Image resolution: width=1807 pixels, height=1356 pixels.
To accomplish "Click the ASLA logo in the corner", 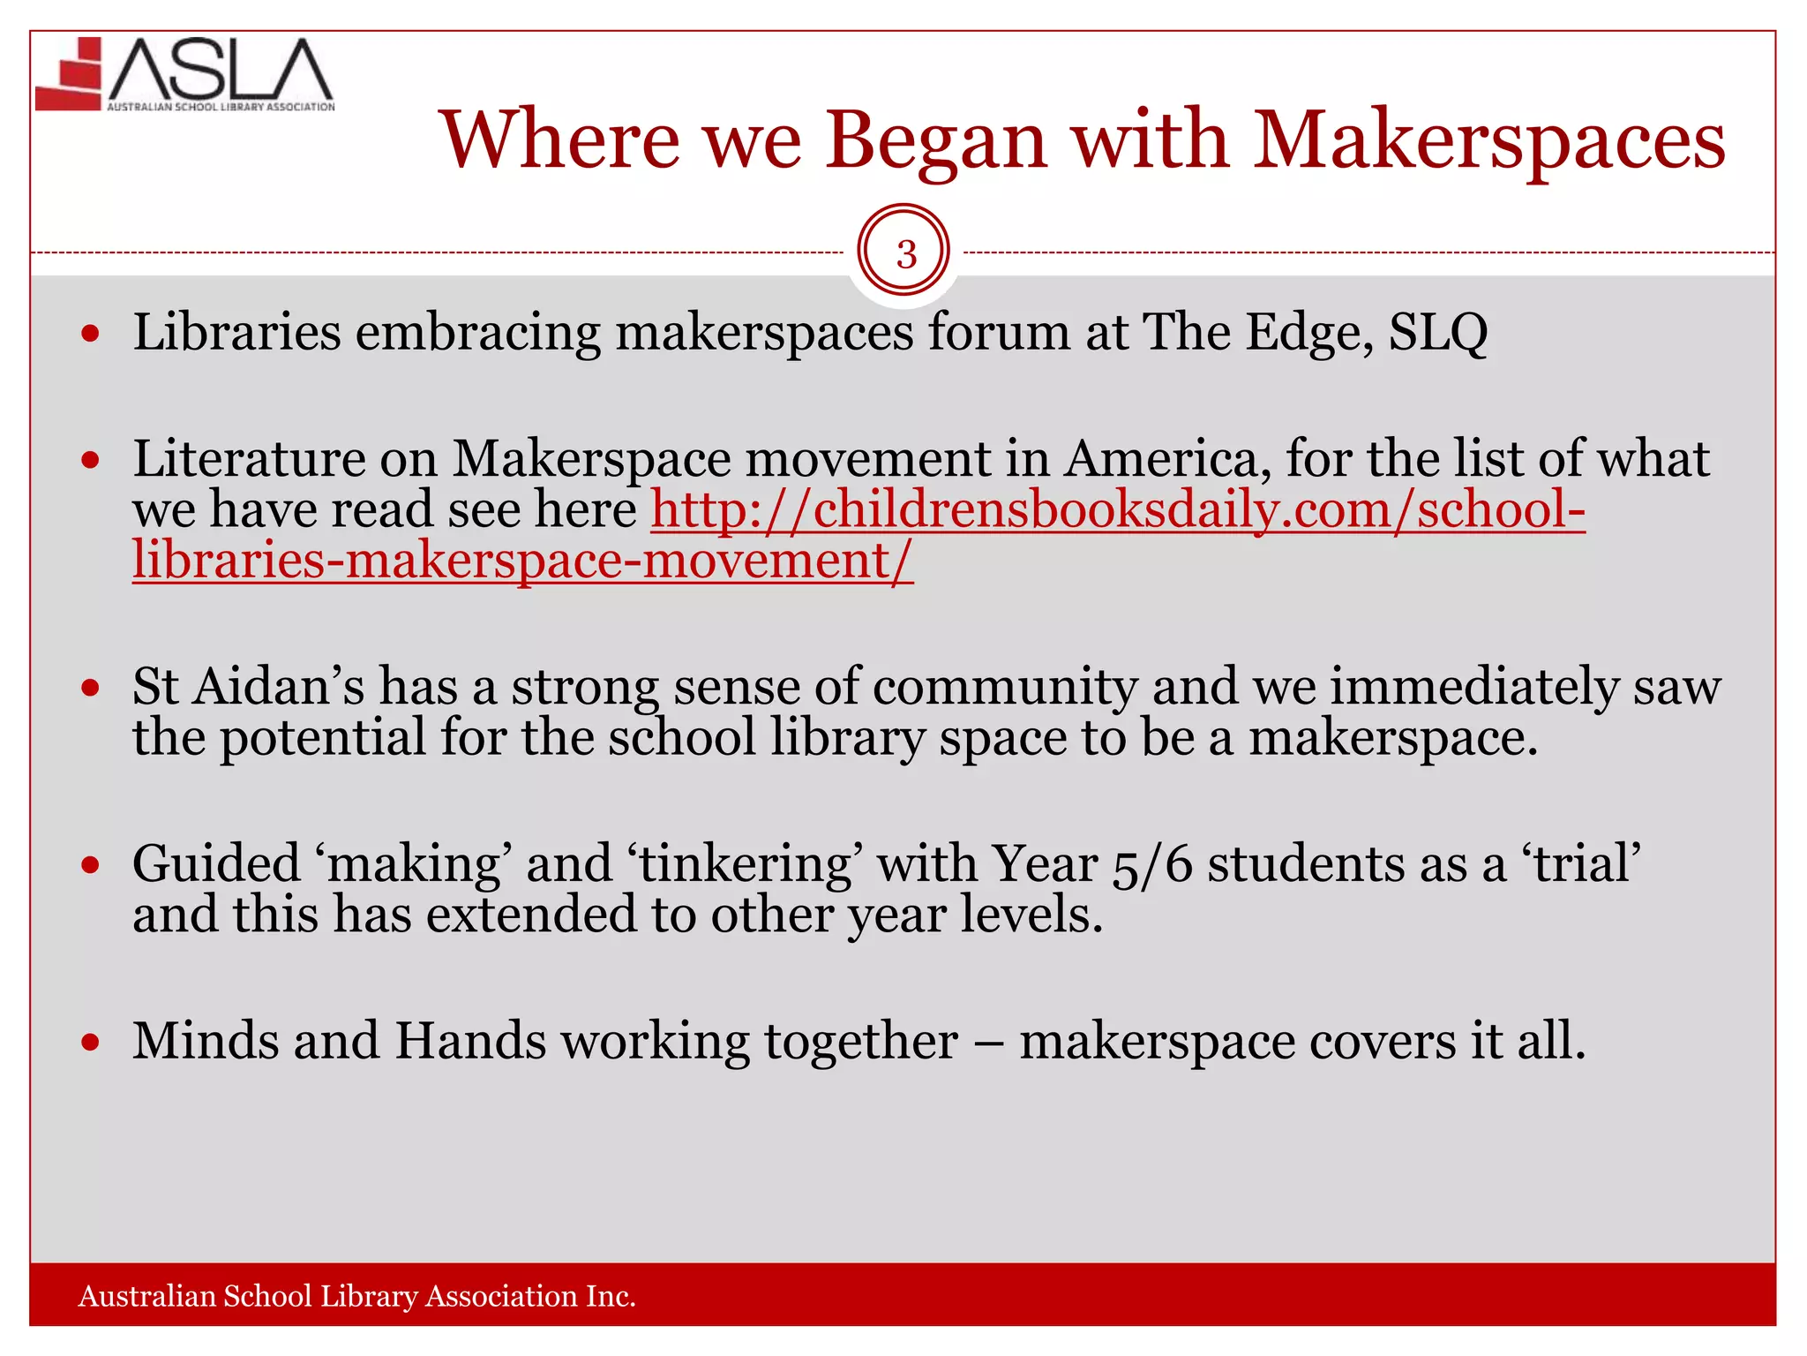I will coord(185,75).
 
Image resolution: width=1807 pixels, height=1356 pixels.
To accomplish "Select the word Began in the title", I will coord(935,141).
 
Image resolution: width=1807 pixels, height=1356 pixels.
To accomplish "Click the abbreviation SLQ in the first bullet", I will coord(1437,333).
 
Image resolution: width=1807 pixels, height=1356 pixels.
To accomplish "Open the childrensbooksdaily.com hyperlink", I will coord(1117,510).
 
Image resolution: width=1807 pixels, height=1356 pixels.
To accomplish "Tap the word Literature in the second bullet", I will coord(249,459).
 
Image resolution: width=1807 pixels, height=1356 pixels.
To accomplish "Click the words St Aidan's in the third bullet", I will coord(248,687).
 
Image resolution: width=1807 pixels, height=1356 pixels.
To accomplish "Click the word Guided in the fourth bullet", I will coord(216,863).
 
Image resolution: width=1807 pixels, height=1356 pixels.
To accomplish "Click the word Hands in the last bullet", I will coord(469,1041).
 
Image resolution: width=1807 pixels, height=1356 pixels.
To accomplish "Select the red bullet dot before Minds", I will coord(90,1043).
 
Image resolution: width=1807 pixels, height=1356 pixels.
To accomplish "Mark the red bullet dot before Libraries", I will coord(90,334).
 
